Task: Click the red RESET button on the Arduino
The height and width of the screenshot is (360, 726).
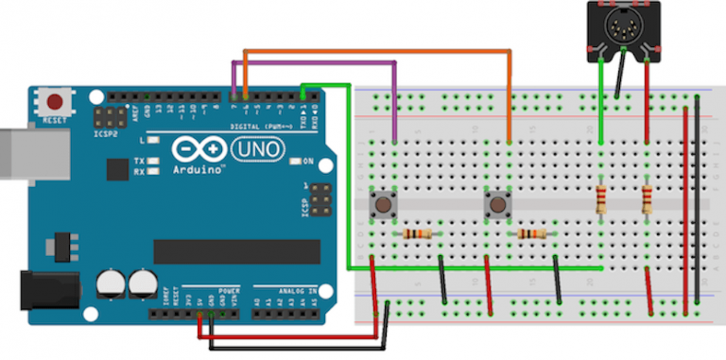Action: point(55,101)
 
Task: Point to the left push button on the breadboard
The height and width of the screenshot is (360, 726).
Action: point(383,202)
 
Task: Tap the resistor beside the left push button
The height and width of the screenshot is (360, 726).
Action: point(417,233)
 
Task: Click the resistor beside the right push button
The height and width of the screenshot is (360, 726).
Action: point(531,233)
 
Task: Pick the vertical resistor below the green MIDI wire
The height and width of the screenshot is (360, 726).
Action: point(601,199)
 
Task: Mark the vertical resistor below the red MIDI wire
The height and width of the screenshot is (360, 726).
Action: point(647,199)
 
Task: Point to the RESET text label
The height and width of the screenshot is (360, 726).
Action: point(55,122)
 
